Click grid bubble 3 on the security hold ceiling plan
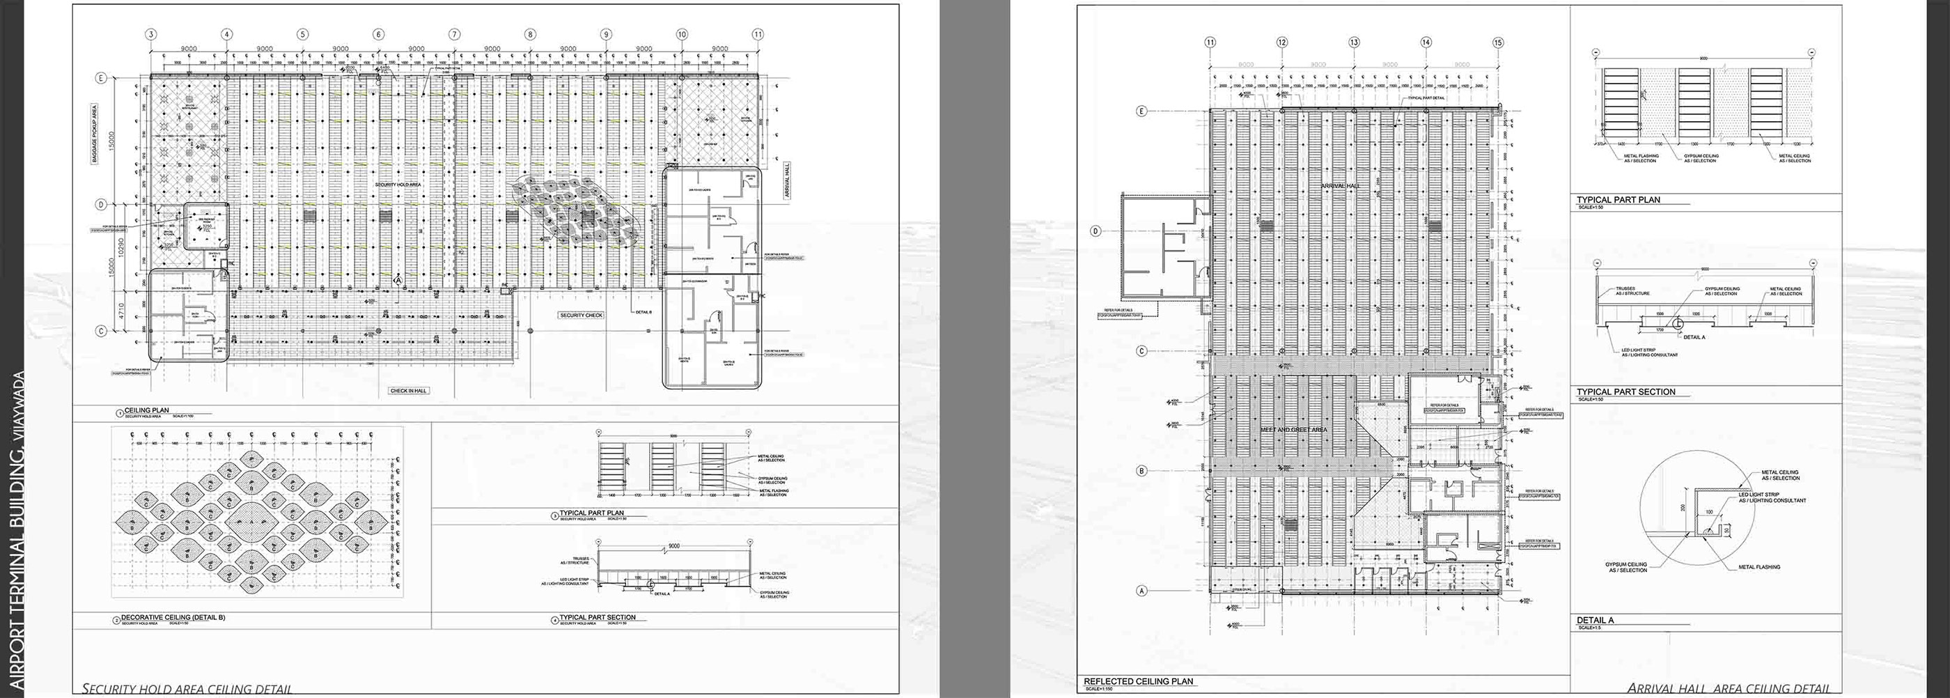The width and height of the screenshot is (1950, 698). pyautogui.click(x=151, y=34)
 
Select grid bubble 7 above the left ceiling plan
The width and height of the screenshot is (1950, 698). pyautogui.click(x=454, y=34)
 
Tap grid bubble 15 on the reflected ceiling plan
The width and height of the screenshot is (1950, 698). pyautogui.click(x=1497, y=42)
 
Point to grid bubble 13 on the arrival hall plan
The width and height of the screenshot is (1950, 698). pyautogui.click(x=1353, y=42)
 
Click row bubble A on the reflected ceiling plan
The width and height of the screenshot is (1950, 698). pyautogui.click(x=1142, y=591)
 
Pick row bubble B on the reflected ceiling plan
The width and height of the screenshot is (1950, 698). pyautogui.click(x=1142, y=470)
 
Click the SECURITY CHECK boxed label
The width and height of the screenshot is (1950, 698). pyautogui.click(x=582, y=315)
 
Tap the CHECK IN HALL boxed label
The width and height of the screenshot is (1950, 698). pyautogui.click(x=409, y=391)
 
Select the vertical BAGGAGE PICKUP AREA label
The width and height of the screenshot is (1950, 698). pyautogui.click(x=95, y=133)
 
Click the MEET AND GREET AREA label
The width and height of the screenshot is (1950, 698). pyautogui.click(x=1293, y=429)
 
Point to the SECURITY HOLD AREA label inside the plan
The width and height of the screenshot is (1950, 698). pyautogui.click(x=398, y=184)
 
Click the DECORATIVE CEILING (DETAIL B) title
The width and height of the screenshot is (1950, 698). pyautogui.click(x=173, y=617)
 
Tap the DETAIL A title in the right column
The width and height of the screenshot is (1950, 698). pyautogui.click(x=1595, y=620)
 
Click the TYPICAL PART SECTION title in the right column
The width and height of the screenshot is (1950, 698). pyautogui.click(x=1625, y=391)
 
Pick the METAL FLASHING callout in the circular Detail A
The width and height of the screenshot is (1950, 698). pyautogui.click(x=1759, y=567)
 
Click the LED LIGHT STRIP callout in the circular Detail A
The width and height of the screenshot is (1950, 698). pyautogui.click(x=1771, y=497)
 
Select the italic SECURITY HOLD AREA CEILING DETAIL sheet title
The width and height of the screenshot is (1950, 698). pyautogui.click(x=186, y=689)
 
